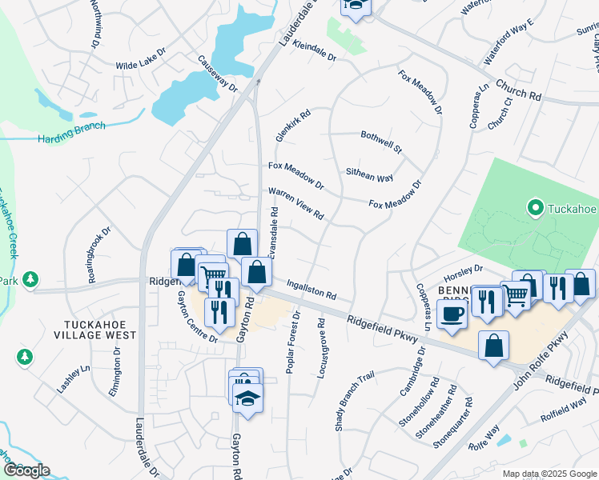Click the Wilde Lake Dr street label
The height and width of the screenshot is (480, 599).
pyautogui.click(x=140, y=54)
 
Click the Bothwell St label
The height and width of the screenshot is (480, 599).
pyautogui.click(x=381, y=142)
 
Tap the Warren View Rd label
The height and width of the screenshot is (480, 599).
pyautogui.click(x=295, y=204)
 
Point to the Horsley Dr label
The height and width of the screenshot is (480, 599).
pyautogui.click(x=468, y=269)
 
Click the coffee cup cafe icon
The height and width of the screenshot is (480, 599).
pyautogui.click(x=452, y=314)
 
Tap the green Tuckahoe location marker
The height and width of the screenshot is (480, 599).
pyautogui.click(x=535, y=209)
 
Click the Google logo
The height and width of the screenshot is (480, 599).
pyautogui.click(x=26, y=470)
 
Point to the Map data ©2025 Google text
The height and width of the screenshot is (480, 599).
pyautogui.click(x=549, y=473)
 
